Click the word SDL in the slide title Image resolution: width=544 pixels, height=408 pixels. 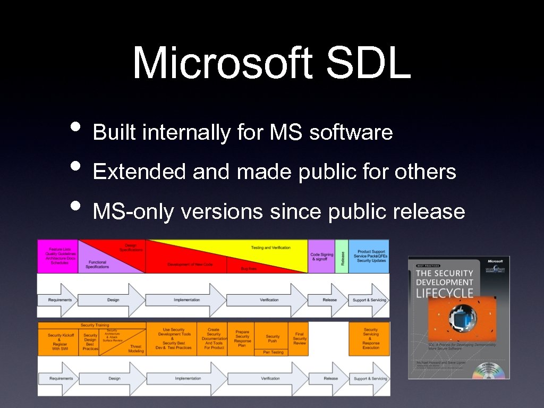368,63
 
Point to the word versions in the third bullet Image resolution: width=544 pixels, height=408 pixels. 222,211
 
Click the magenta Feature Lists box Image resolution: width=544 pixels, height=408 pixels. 57,256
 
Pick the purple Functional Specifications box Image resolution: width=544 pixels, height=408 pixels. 98,264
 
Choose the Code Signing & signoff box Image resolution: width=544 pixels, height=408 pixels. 321,257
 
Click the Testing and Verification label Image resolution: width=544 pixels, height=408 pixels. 271,248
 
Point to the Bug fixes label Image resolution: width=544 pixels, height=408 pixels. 249,269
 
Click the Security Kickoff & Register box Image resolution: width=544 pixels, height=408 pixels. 58,342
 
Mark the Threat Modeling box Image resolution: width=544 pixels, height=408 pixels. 136,348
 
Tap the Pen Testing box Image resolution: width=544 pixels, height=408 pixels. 274,352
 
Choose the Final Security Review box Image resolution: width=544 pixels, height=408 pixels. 299,339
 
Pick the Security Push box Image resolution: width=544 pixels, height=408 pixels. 273,338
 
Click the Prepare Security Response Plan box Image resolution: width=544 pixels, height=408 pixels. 242,339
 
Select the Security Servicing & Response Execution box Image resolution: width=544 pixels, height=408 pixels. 370,338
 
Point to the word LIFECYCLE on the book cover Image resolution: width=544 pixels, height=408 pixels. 444,293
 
